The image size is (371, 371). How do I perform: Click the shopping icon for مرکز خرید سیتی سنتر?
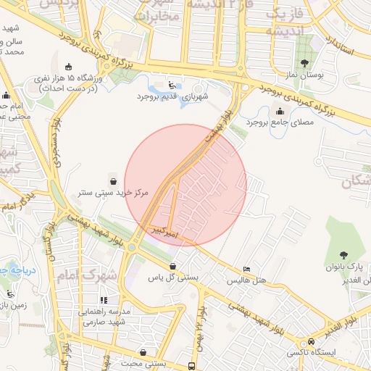pyautogui.click(x=113, y=180)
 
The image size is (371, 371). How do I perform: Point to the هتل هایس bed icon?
pyautogui.click(x=247, y=268)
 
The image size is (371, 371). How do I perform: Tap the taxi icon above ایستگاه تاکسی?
pyautogui.click(x=312, y=341)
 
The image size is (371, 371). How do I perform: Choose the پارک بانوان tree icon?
pyautogui.click(x=343, y=255)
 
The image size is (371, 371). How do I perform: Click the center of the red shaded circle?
pyautogui.click(x=185, y=185)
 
